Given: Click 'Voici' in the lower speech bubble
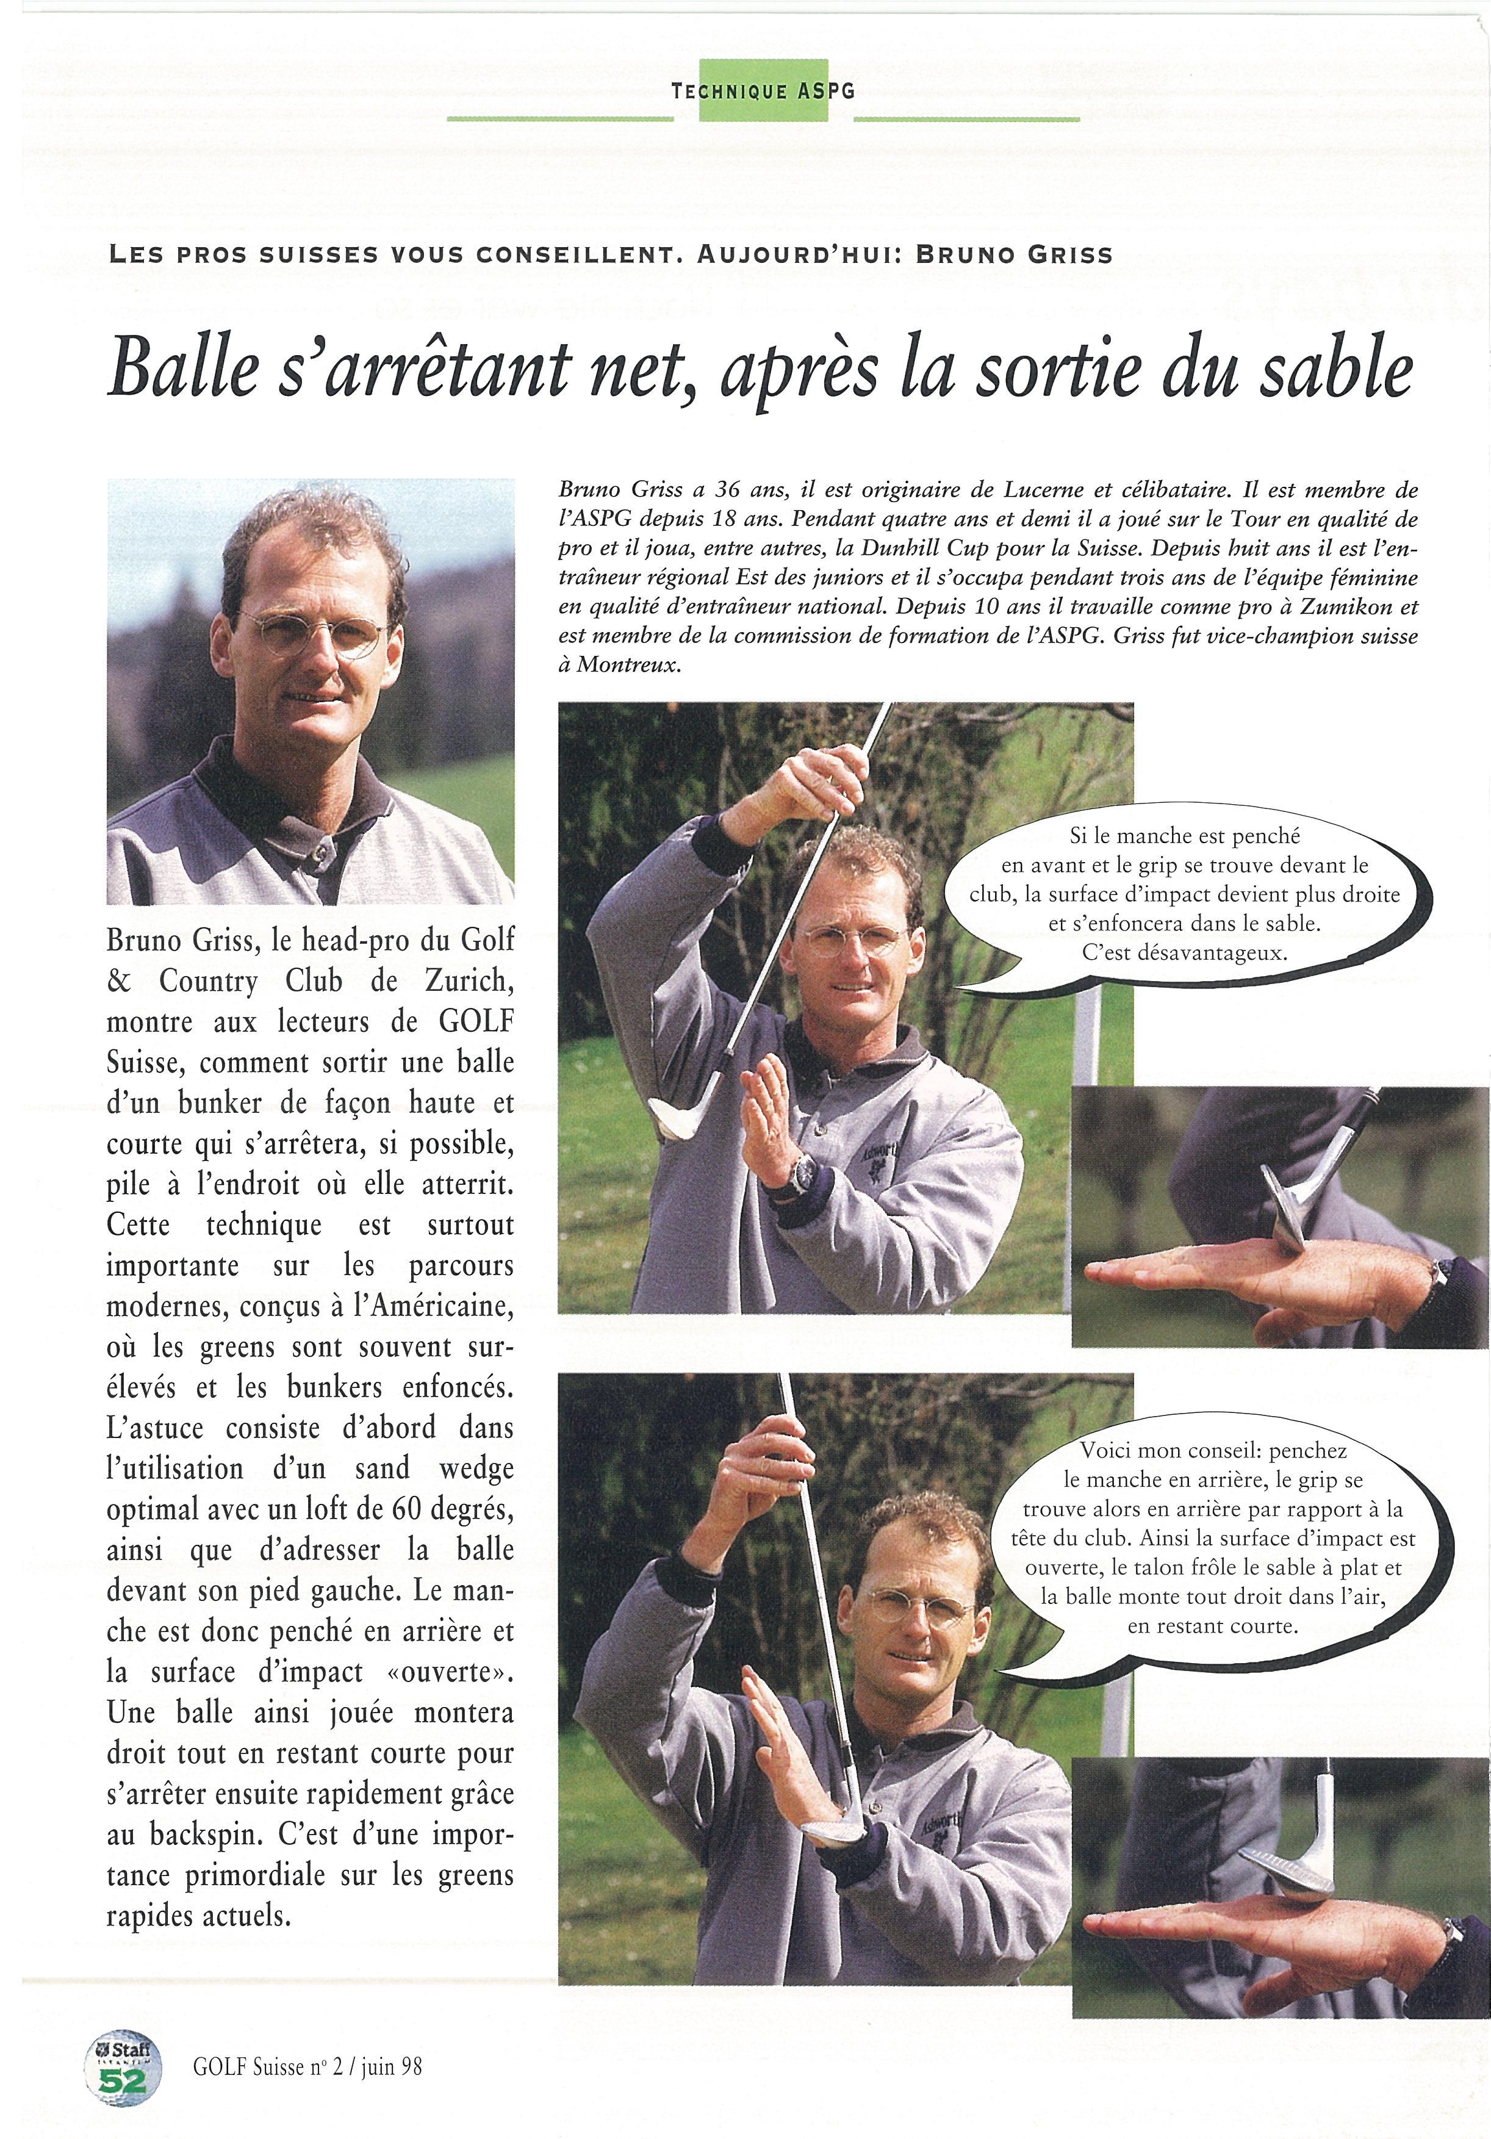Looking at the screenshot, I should point(1111,1451).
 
